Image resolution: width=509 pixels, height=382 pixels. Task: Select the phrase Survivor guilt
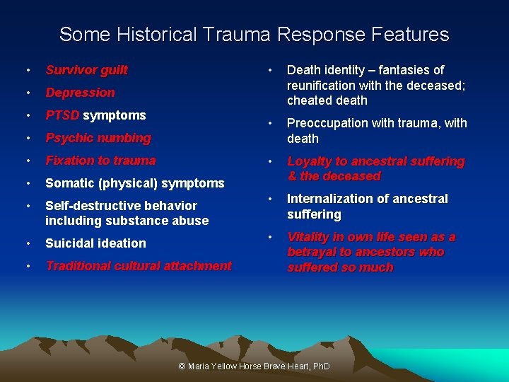[86, 70]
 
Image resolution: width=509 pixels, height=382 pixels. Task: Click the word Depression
[80, 93]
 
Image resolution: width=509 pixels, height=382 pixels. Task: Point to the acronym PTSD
[62, 115]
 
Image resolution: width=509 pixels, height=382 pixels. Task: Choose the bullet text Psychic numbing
[98, 138]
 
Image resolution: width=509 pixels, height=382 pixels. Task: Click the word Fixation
[70, 161]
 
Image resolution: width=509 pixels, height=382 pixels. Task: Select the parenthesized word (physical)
[129, 183]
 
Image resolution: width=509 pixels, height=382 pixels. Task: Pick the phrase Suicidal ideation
[95, 243]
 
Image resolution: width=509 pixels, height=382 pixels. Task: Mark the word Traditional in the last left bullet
[76, 266]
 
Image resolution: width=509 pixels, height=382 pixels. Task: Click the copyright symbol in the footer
[182, 366]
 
